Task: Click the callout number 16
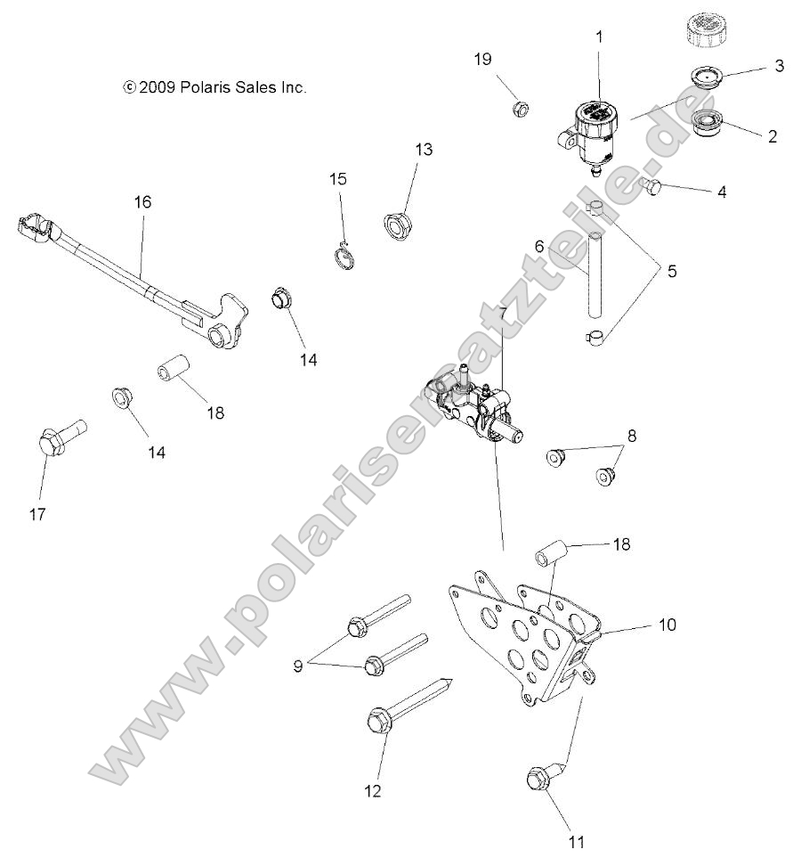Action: pyautogui.click(x=142, y=202)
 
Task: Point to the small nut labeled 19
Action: pyautogui.click(x=522, y=109)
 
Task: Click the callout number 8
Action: pyautogui.click(x=632, y=436)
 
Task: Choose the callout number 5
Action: pyautogui.click(x=671, y=271)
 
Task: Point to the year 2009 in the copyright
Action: pyautogui.click(x=157, y=87)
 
